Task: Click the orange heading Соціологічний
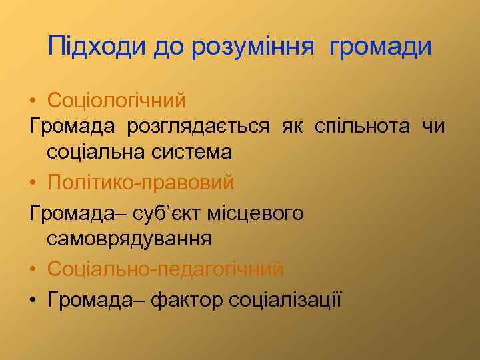pyautogui.click(x=117, y=101)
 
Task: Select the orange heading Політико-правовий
pyautogui.click(x=141, y=181)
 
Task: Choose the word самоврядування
pyautogui.click(x=129, y=238)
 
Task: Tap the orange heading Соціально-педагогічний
pyautogui.click(x=165, y=269)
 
